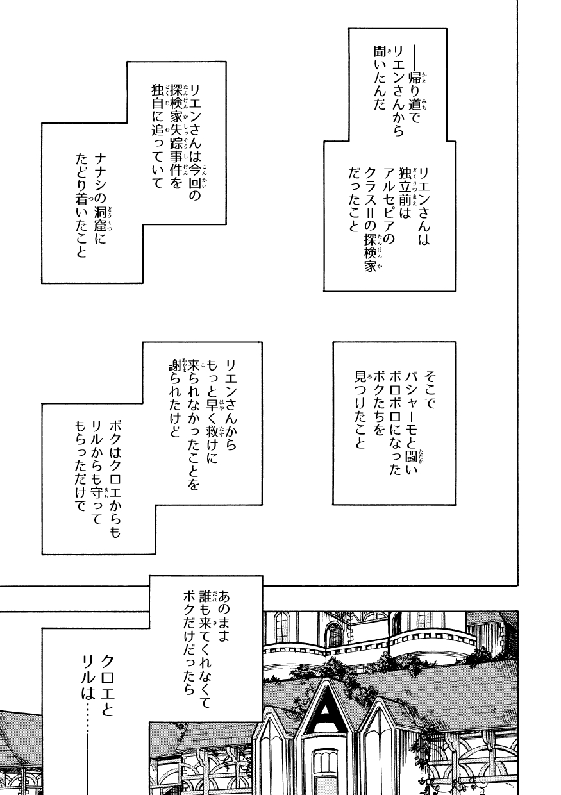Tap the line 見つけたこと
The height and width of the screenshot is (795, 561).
coord(359,410)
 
